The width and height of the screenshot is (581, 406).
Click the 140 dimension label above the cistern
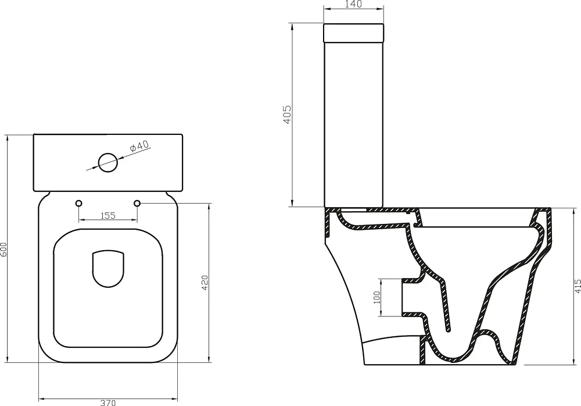pyautogui.click(x=353, y=4)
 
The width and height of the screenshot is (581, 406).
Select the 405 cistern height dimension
pyautogui.click(x=287, y=115)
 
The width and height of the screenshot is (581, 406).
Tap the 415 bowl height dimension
pyautogui.click(x=578, y=287)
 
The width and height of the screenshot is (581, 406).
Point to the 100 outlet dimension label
pyautogui.click(x=377, y=297)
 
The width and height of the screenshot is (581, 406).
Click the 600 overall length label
pyautogui.click(x=3, y=249)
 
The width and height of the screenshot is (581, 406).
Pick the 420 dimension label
pyautogui.click(x=205, y=283)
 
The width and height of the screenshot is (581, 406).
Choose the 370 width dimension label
pyautogui.click(x=108, y=403)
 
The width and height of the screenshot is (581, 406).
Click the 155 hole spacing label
pyautogui.click(x=108, y=215)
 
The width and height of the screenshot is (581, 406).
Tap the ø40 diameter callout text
pyautogui.click(x=140, y=146)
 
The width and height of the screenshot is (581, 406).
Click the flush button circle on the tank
pyautogui.click(x=108, y=162)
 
